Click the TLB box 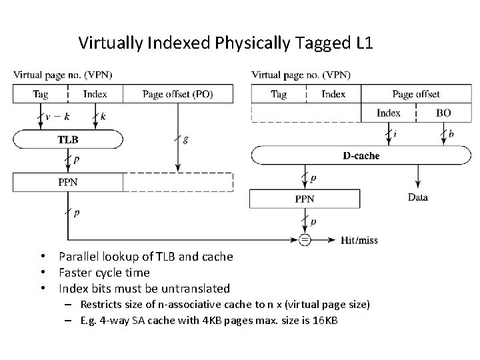pos(67,139)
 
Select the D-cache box pos(361,156)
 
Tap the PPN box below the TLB pos(67,182)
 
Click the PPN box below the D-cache pos(304,199)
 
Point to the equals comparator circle pos(305,240)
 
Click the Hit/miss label pos(359,240)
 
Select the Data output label pos(418,197)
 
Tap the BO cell pos(443,113)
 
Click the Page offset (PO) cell pos(177,94)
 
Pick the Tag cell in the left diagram pos(40,94)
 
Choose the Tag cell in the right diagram pos(278,94)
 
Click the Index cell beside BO pos(388,113)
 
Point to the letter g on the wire pos(185,139)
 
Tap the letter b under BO pos(451,135)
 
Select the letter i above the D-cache pos(395,135)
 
